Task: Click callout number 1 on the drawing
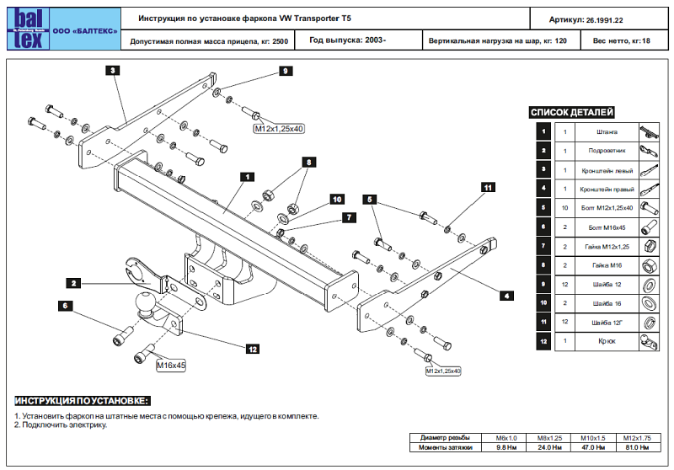(247, 177)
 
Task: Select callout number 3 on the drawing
(113, 72)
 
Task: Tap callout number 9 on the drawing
(286, 72)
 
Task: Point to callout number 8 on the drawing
(309, 161)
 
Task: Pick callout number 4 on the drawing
(507, 296)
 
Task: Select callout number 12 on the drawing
(252, 348)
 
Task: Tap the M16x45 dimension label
(171, 366)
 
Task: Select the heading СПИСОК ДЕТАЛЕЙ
(572, 112)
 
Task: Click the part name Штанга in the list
(607, 132)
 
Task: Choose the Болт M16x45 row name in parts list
(607, 227)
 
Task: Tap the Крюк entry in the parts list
(607, 342)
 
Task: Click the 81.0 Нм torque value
(638, 447)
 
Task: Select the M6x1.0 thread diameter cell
(506, 438)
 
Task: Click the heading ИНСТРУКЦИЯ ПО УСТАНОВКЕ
(83, 399)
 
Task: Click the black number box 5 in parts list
(544, 207)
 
